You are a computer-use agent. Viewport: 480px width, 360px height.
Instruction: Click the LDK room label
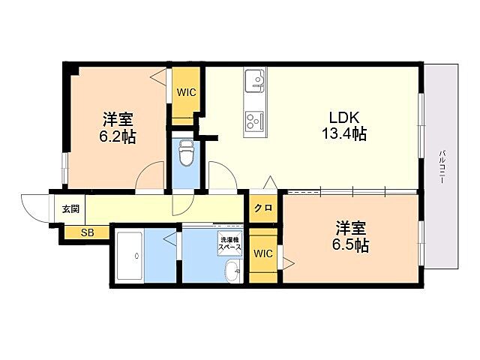click(343, 117)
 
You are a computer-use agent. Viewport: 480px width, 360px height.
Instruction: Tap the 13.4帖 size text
click(344, 133)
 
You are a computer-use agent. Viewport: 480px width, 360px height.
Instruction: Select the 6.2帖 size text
click(117, 136)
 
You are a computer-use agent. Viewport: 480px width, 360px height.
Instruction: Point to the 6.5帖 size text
click(350, 244)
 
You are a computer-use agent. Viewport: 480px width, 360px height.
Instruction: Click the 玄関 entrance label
click(70, 209)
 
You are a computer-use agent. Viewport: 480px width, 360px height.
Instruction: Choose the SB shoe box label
click(88, 233)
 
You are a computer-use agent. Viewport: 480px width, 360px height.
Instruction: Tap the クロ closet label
click(263, 208)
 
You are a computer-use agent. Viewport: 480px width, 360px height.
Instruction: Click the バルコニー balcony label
click(442, 166)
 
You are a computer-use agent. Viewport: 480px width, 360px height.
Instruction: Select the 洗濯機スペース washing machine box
click(229, 243)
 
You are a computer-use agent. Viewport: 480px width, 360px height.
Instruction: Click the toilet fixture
click(185, 152)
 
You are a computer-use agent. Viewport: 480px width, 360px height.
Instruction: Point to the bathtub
click(130, 256)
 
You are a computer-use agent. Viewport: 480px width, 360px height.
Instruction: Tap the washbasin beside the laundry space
click(233, 271)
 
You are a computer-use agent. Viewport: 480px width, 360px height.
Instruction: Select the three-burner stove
click(255, 121)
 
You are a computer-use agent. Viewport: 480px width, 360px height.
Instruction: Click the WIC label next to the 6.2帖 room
click(186, 92)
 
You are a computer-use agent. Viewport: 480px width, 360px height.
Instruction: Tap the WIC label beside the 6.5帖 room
click(263, 253)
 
